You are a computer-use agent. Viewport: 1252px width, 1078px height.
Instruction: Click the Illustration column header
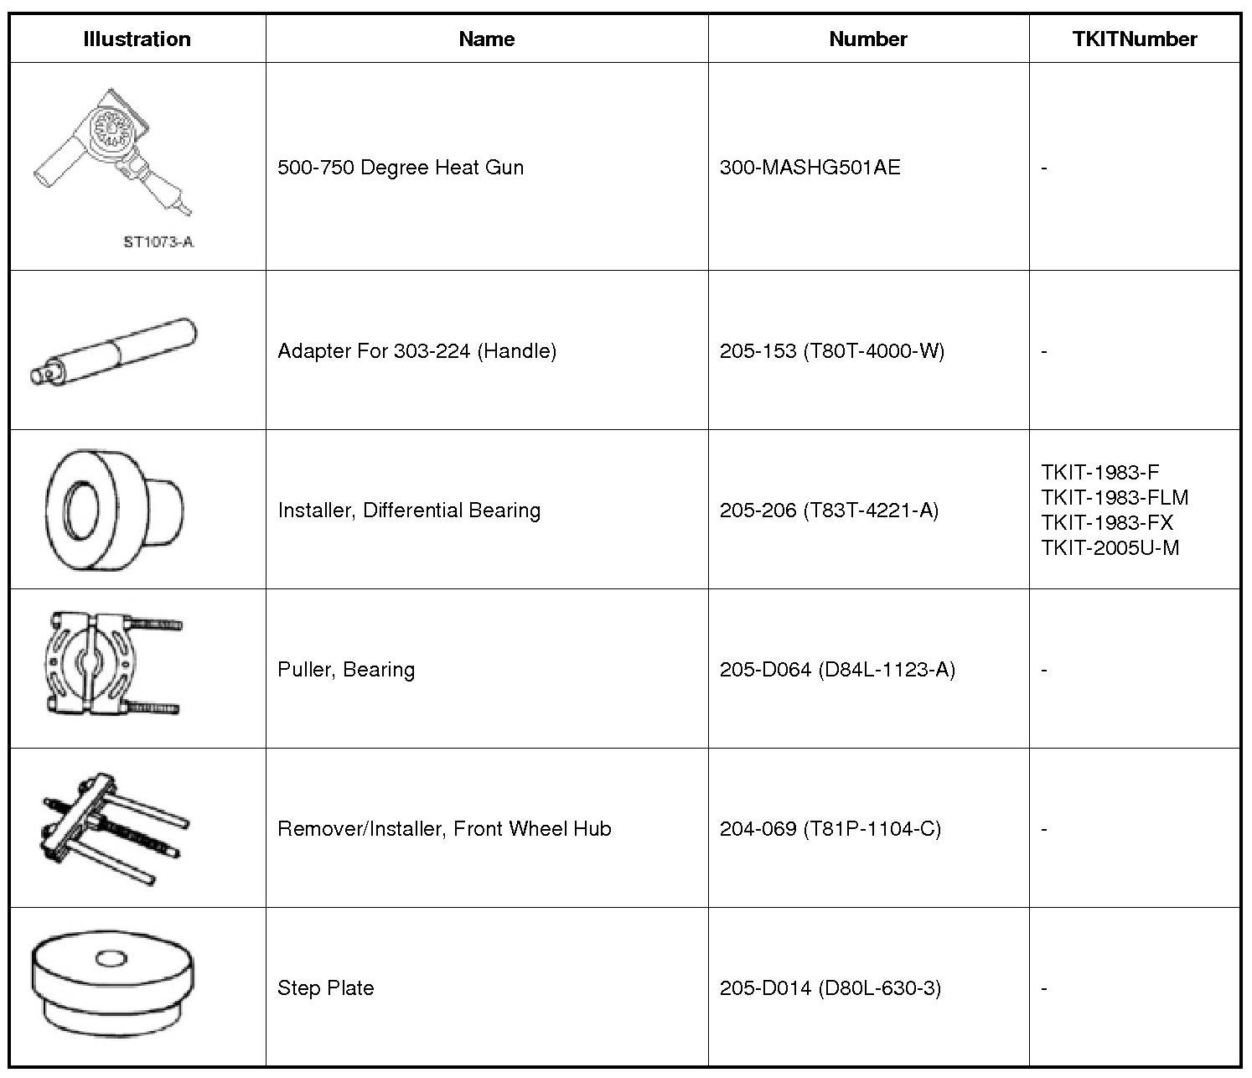[137, 39]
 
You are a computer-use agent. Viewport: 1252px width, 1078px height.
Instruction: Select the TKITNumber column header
[1134, 39]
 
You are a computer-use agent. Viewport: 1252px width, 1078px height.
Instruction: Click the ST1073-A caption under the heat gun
[158, 242]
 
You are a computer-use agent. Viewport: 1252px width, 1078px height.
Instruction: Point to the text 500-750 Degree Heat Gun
[401, 167]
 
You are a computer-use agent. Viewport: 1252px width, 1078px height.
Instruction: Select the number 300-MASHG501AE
[810, 167]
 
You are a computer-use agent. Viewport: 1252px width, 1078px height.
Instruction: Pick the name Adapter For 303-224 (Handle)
[416, 350]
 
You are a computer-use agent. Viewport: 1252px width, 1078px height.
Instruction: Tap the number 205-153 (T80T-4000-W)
[831, 350]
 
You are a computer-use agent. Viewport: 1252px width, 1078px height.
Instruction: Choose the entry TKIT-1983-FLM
[1115, 497]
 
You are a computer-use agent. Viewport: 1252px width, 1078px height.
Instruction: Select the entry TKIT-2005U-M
[1110, 547]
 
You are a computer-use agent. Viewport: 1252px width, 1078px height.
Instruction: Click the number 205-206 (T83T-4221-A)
[829, 510]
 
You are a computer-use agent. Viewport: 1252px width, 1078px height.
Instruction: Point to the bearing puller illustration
[112, 664]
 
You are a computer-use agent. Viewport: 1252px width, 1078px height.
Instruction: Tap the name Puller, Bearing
[346, 669]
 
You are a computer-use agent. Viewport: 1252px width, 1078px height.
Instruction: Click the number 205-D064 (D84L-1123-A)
[837, 669]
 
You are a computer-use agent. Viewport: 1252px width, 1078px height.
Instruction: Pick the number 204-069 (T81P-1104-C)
[830, 828]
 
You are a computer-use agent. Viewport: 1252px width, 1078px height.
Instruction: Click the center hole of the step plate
[110, 958]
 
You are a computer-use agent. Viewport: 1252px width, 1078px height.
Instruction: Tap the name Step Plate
[325, 987]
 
